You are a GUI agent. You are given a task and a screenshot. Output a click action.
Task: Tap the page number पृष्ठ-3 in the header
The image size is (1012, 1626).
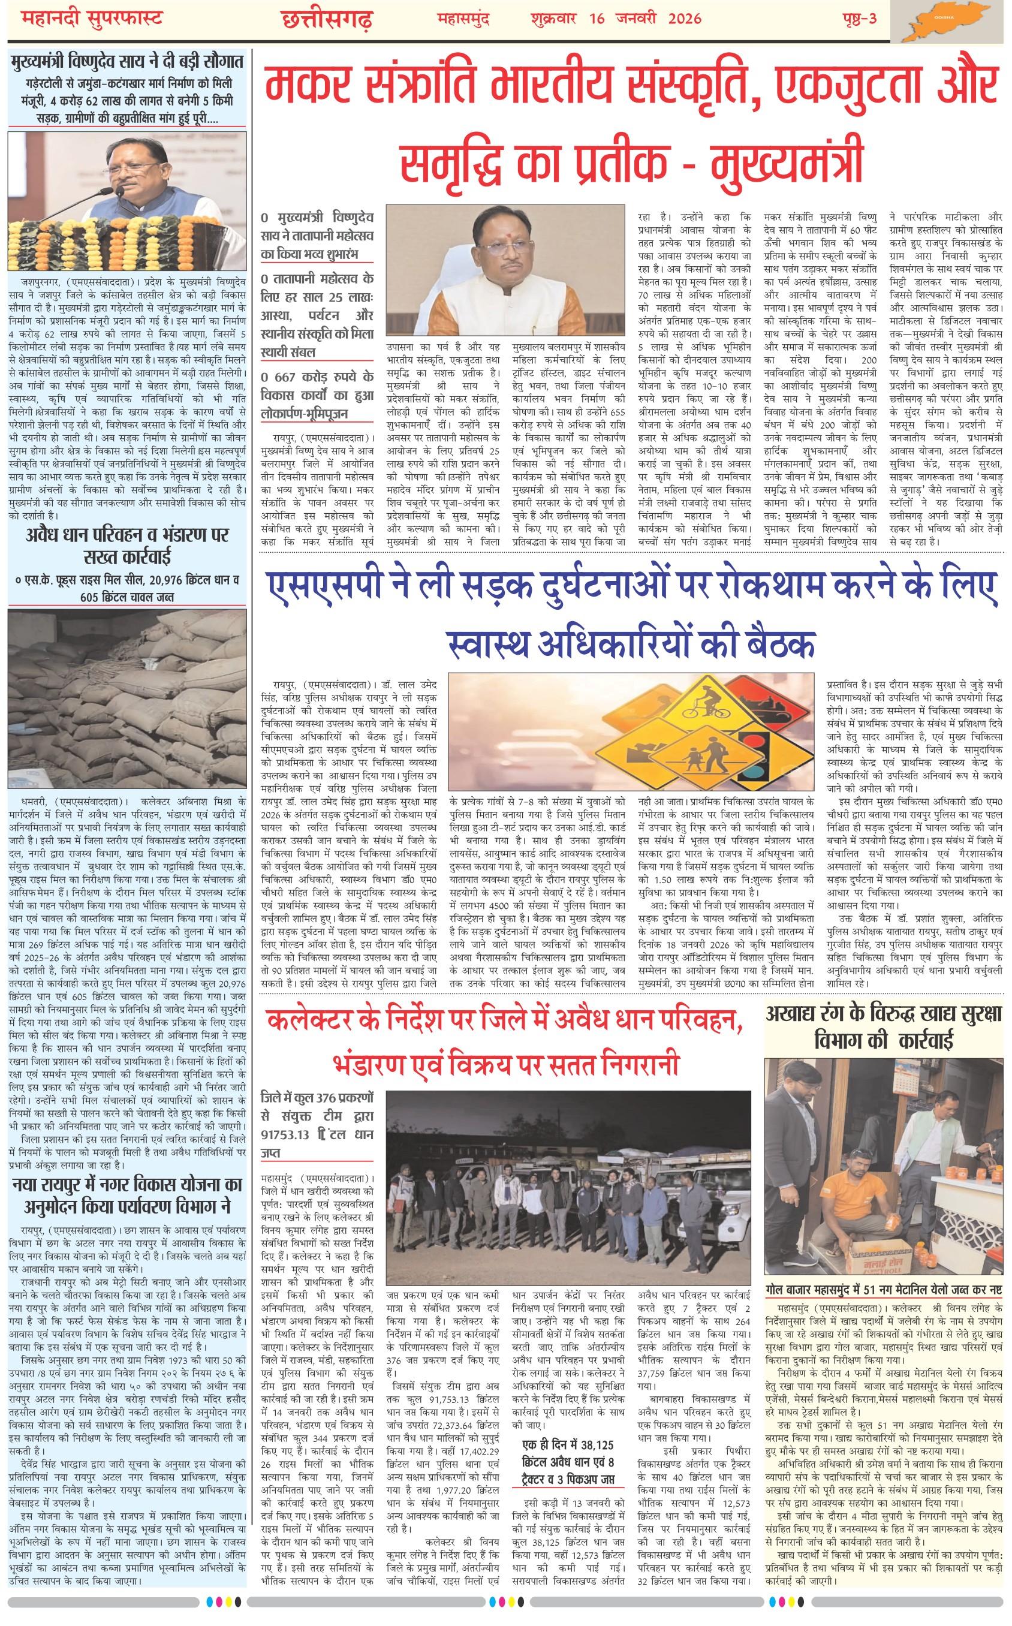[x=859, y=18]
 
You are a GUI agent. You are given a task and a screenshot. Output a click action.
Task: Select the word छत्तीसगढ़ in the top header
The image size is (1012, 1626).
[x=327, y=19]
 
